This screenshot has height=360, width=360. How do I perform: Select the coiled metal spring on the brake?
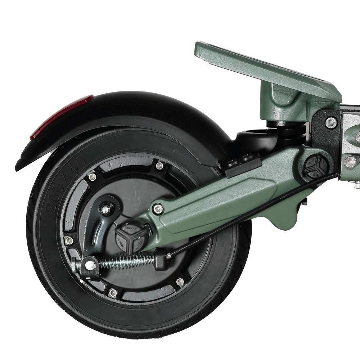coord(126,260)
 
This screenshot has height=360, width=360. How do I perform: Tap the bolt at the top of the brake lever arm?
coord(105,209)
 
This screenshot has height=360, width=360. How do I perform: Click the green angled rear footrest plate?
coord(266,68)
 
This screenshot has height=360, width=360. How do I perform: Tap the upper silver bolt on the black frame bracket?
coord(331,123)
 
